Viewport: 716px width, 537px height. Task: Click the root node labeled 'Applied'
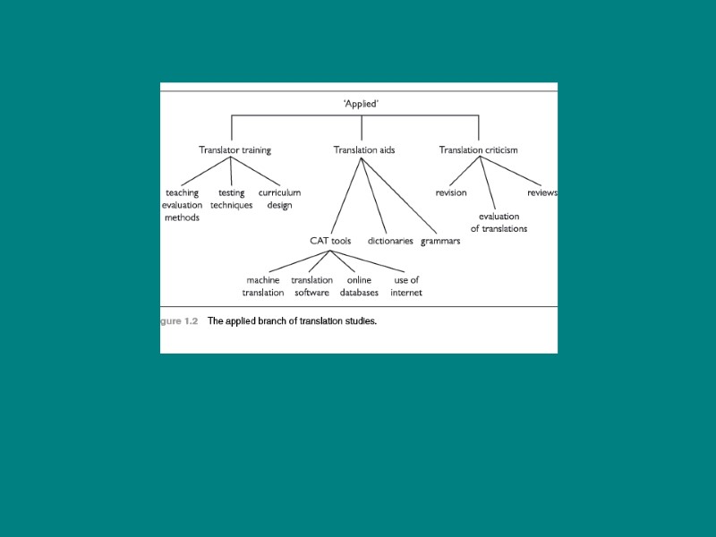point(361,104)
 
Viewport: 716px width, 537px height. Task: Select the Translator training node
point(234,150)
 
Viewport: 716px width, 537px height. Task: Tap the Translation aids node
point(363,150)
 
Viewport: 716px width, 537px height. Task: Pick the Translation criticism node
point(478,150)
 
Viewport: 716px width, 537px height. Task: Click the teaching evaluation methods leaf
point(182,205)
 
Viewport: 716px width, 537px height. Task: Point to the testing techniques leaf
point(231,199)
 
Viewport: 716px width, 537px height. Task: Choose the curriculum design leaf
point(279,199)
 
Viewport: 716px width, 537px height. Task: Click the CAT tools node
point(330,241)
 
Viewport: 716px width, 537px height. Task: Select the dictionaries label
point(390,241)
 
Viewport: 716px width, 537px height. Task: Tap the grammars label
point(440,241)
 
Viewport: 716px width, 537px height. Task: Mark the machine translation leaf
point(263,286)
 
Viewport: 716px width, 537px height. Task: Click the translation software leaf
point(311,286)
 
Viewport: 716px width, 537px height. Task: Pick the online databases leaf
point(359,286)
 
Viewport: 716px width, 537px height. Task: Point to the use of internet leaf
point(406,286)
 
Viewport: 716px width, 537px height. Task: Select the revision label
point(451,192)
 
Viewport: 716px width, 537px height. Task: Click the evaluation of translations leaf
point(499,222)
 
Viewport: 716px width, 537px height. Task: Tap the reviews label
point(542,192)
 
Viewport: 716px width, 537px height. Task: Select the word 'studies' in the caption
point(359,320)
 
